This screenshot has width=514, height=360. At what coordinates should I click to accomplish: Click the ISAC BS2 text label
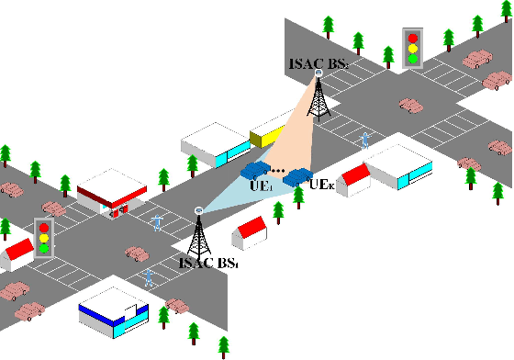tap(318, 65)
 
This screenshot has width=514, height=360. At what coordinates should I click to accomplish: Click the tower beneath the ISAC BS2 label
tap(318, 96)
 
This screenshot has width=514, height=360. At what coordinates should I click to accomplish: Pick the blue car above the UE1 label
tap(254, 172)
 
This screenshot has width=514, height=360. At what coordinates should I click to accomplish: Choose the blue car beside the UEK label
tap(298, 175)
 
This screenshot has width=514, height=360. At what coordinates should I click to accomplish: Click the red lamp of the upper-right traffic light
tap(413, 39)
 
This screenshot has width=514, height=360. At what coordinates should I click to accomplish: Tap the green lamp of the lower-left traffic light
tap(42, 249)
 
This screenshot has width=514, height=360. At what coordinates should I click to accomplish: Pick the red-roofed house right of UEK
tap(354, 177)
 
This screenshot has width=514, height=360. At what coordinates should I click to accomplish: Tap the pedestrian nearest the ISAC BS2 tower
tap(365, 141)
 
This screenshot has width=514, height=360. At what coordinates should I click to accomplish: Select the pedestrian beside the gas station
tap(158, 222)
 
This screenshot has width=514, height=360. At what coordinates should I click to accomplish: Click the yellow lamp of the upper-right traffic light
tap(413, 49)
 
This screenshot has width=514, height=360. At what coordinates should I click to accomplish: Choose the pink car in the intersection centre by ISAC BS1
tap(138, 253)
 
